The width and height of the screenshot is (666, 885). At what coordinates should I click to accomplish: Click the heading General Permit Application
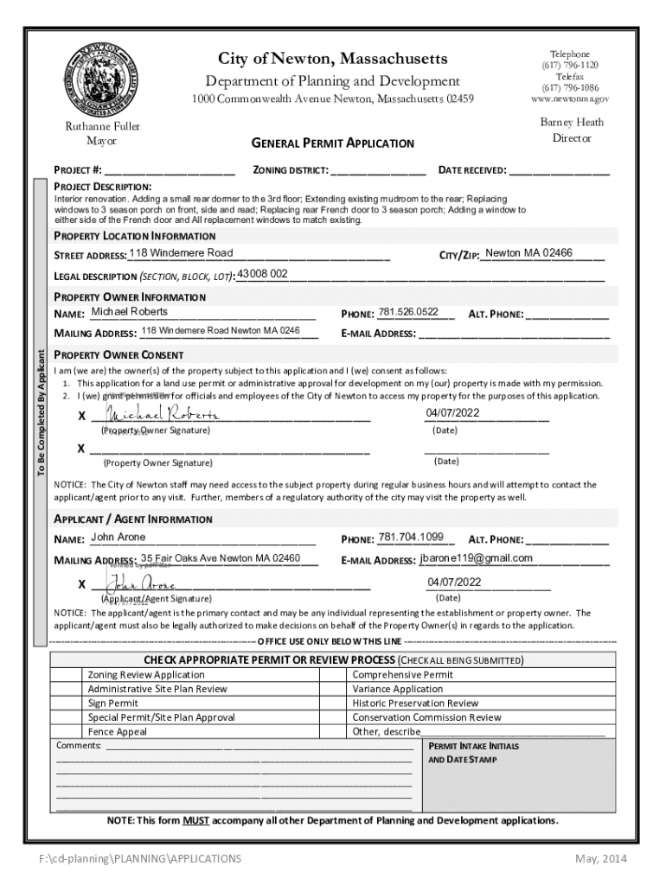tap(332, 143)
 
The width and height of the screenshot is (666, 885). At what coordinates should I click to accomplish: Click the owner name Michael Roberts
tap(130, 312)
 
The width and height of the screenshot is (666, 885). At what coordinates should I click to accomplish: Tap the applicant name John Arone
tap(118, 538)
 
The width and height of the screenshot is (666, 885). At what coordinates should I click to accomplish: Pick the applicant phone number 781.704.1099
tap(411, 537)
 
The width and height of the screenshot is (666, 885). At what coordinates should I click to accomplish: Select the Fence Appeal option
tap(118, 731)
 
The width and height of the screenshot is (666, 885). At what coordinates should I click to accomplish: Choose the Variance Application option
tap(397, 689)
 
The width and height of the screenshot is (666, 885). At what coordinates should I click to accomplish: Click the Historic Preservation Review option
tap(415, 704)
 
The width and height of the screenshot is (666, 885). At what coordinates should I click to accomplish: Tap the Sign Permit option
tap(112, 704)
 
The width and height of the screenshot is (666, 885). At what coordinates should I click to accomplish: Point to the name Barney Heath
tap(572, 122)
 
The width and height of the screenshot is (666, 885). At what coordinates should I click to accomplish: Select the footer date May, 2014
tap(601, 858)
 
